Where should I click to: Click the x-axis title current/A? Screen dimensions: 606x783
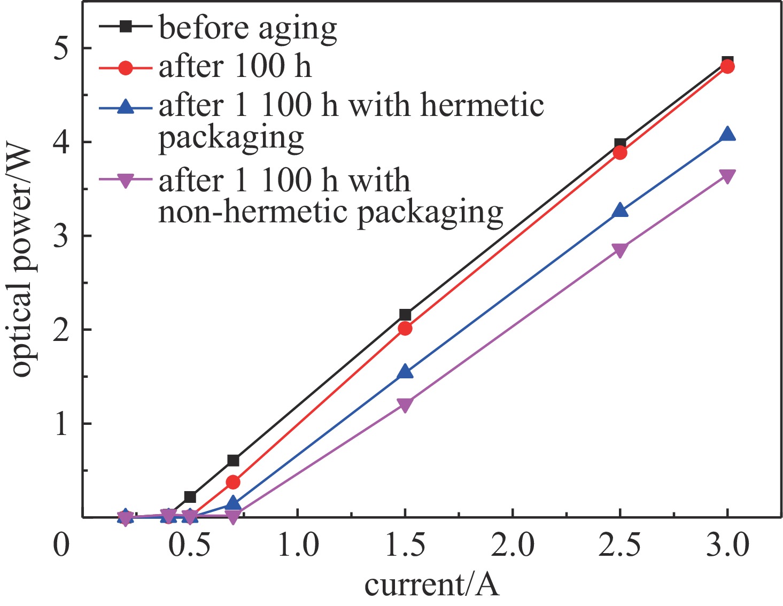point(431,585)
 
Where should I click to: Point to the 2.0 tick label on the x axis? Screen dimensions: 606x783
point(513,546)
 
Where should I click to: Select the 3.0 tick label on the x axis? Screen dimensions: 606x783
point(727,546)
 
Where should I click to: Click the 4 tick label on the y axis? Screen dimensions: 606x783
point(63,142)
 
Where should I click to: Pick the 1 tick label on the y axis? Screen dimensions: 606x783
point(63,424)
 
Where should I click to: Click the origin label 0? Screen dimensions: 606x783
point(62,546)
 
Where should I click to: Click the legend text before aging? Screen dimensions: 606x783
point(248,27)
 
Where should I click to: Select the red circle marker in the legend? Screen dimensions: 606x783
point(126,67)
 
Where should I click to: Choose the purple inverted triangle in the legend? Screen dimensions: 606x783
point(126,181)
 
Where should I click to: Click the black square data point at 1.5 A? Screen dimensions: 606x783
point(405,314)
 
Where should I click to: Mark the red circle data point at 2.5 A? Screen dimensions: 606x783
point(620,153)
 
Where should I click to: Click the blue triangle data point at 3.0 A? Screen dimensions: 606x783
point(727,134)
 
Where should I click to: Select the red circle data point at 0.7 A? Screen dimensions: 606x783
point(233,482)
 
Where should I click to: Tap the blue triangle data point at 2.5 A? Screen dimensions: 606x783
point(620,210)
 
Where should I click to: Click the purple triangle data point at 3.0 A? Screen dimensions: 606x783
point(727,176)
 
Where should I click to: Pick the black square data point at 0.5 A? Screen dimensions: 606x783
point(190,497)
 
